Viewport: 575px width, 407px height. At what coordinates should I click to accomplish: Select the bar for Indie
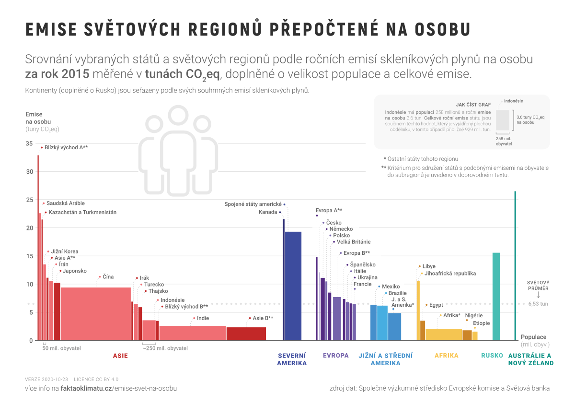[192, 333]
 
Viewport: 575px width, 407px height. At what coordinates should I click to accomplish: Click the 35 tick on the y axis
[29, 144]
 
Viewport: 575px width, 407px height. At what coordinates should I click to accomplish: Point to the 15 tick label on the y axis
[29, 256]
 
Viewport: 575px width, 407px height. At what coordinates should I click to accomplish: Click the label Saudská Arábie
[65, 203]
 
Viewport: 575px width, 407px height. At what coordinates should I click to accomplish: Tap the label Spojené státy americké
[253, 204]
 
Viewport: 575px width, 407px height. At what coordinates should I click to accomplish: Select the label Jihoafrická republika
[450, 274]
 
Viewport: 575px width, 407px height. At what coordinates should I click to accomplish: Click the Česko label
[333, 223]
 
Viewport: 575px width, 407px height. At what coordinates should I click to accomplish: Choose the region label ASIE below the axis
[120, 356]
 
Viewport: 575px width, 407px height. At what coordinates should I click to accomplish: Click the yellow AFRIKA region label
[446, 356]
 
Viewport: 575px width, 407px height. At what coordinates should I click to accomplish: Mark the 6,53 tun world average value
[538, 304]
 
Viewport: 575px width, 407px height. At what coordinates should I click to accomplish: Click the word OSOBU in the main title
[438, 29]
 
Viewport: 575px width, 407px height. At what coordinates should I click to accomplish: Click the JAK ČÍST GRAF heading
[473, 105]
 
